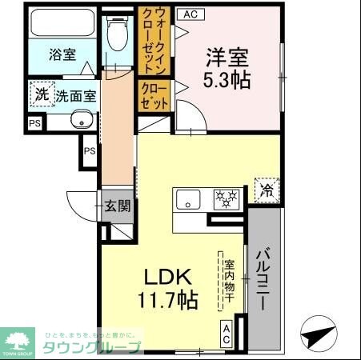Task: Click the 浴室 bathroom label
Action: pyautogui.click(x=62, y=54)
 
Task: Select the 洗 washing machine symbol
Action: pyautogui.click(x=42, y=94)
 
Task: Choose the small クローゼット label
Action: pyautogui.click(x=154, y=95)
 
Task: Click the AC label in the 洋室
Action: pyautogui.click(x=190, y=14)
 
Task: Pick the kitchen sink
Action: pyautogui.click(x=189, y=200)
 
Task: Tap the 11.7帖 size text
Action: pyautogui.click(x=168, y=301)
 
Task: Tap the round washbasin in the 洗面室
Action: pyautogui.click(x=79, y=121)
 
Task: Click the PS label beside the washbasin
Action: pyautogui.click(x=34, y=123)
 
